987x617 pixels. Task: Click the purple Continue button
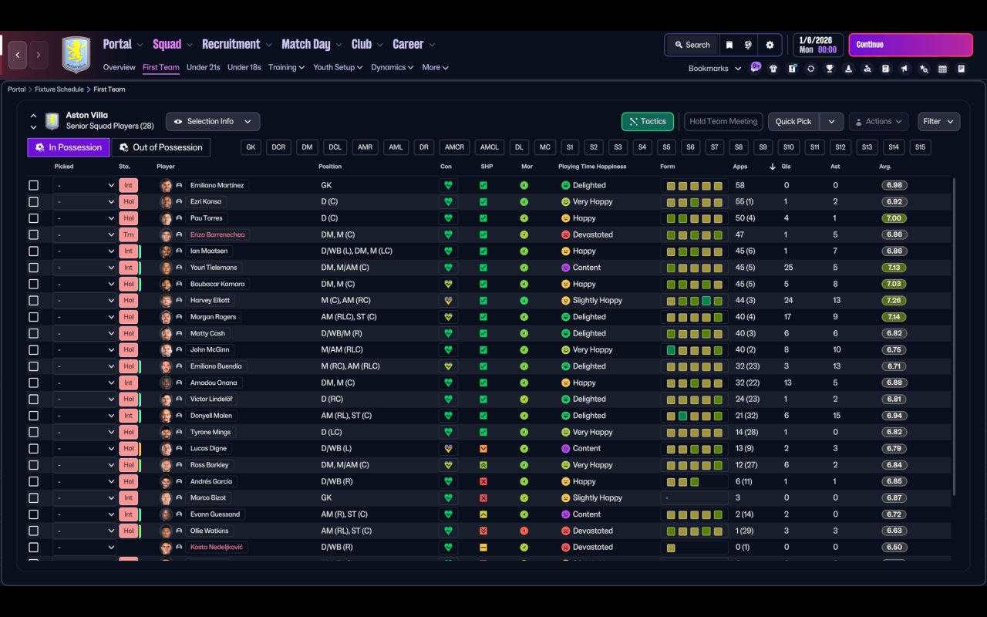click(910, 45)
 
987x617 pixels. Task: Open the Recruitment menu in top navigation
click(231, 45)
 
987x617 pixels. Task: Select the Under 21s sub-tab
click(203, 67)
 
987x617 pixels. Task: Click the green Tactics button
click(647, 121)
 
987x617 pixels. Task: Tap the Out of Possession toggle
click(161, 147)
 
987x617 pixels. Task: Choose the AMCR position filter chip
click(454, 147)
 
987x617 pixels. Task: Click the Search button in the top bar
click(692, 45)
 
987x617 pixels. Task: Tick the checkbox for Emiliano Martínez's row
click(33, 185)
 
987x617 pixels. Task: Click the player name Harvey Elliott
click(210, 300)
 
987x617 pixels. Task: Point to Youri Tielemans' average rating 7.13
click(894, 268)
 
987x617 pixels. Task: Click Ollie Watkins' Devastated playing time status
click(592, 531)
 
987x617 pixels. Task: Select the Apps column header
click(740, 167)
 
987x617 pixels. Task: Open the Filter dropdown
click(938, 121)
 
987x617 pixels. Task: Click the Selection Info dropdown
click(213, 121)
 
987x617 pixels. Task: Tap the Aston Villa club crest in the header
click(76, 54)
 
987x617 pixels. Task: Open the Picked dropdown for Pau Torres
click(84, 218)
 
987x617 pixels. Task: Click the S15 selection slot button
click(919, 147)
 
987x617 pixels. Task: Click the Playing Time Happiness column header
click(592, 167)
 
